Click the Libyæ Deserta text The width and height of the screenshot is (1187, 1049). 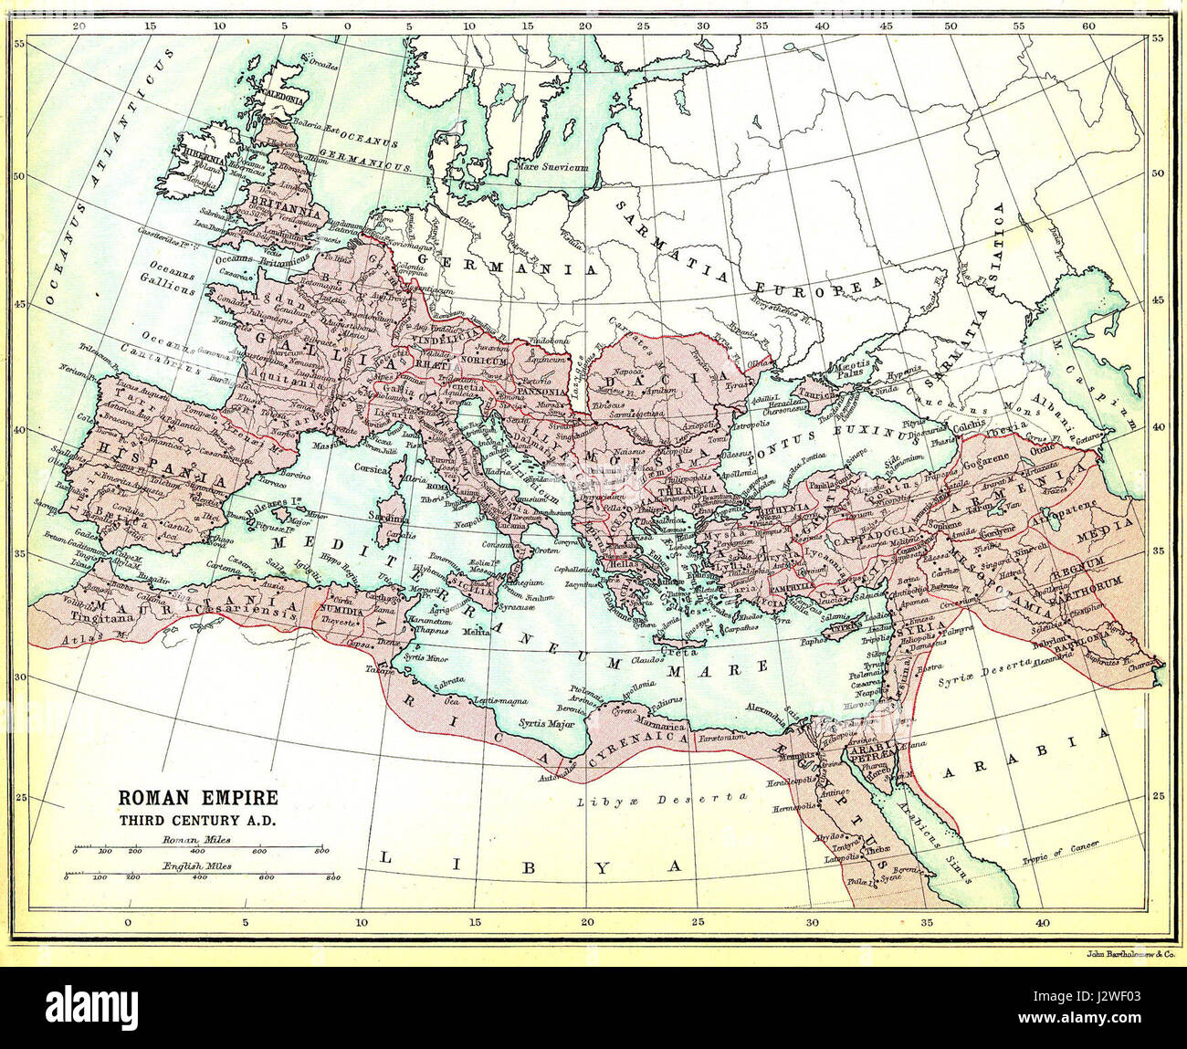click(x=662, y=800)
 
